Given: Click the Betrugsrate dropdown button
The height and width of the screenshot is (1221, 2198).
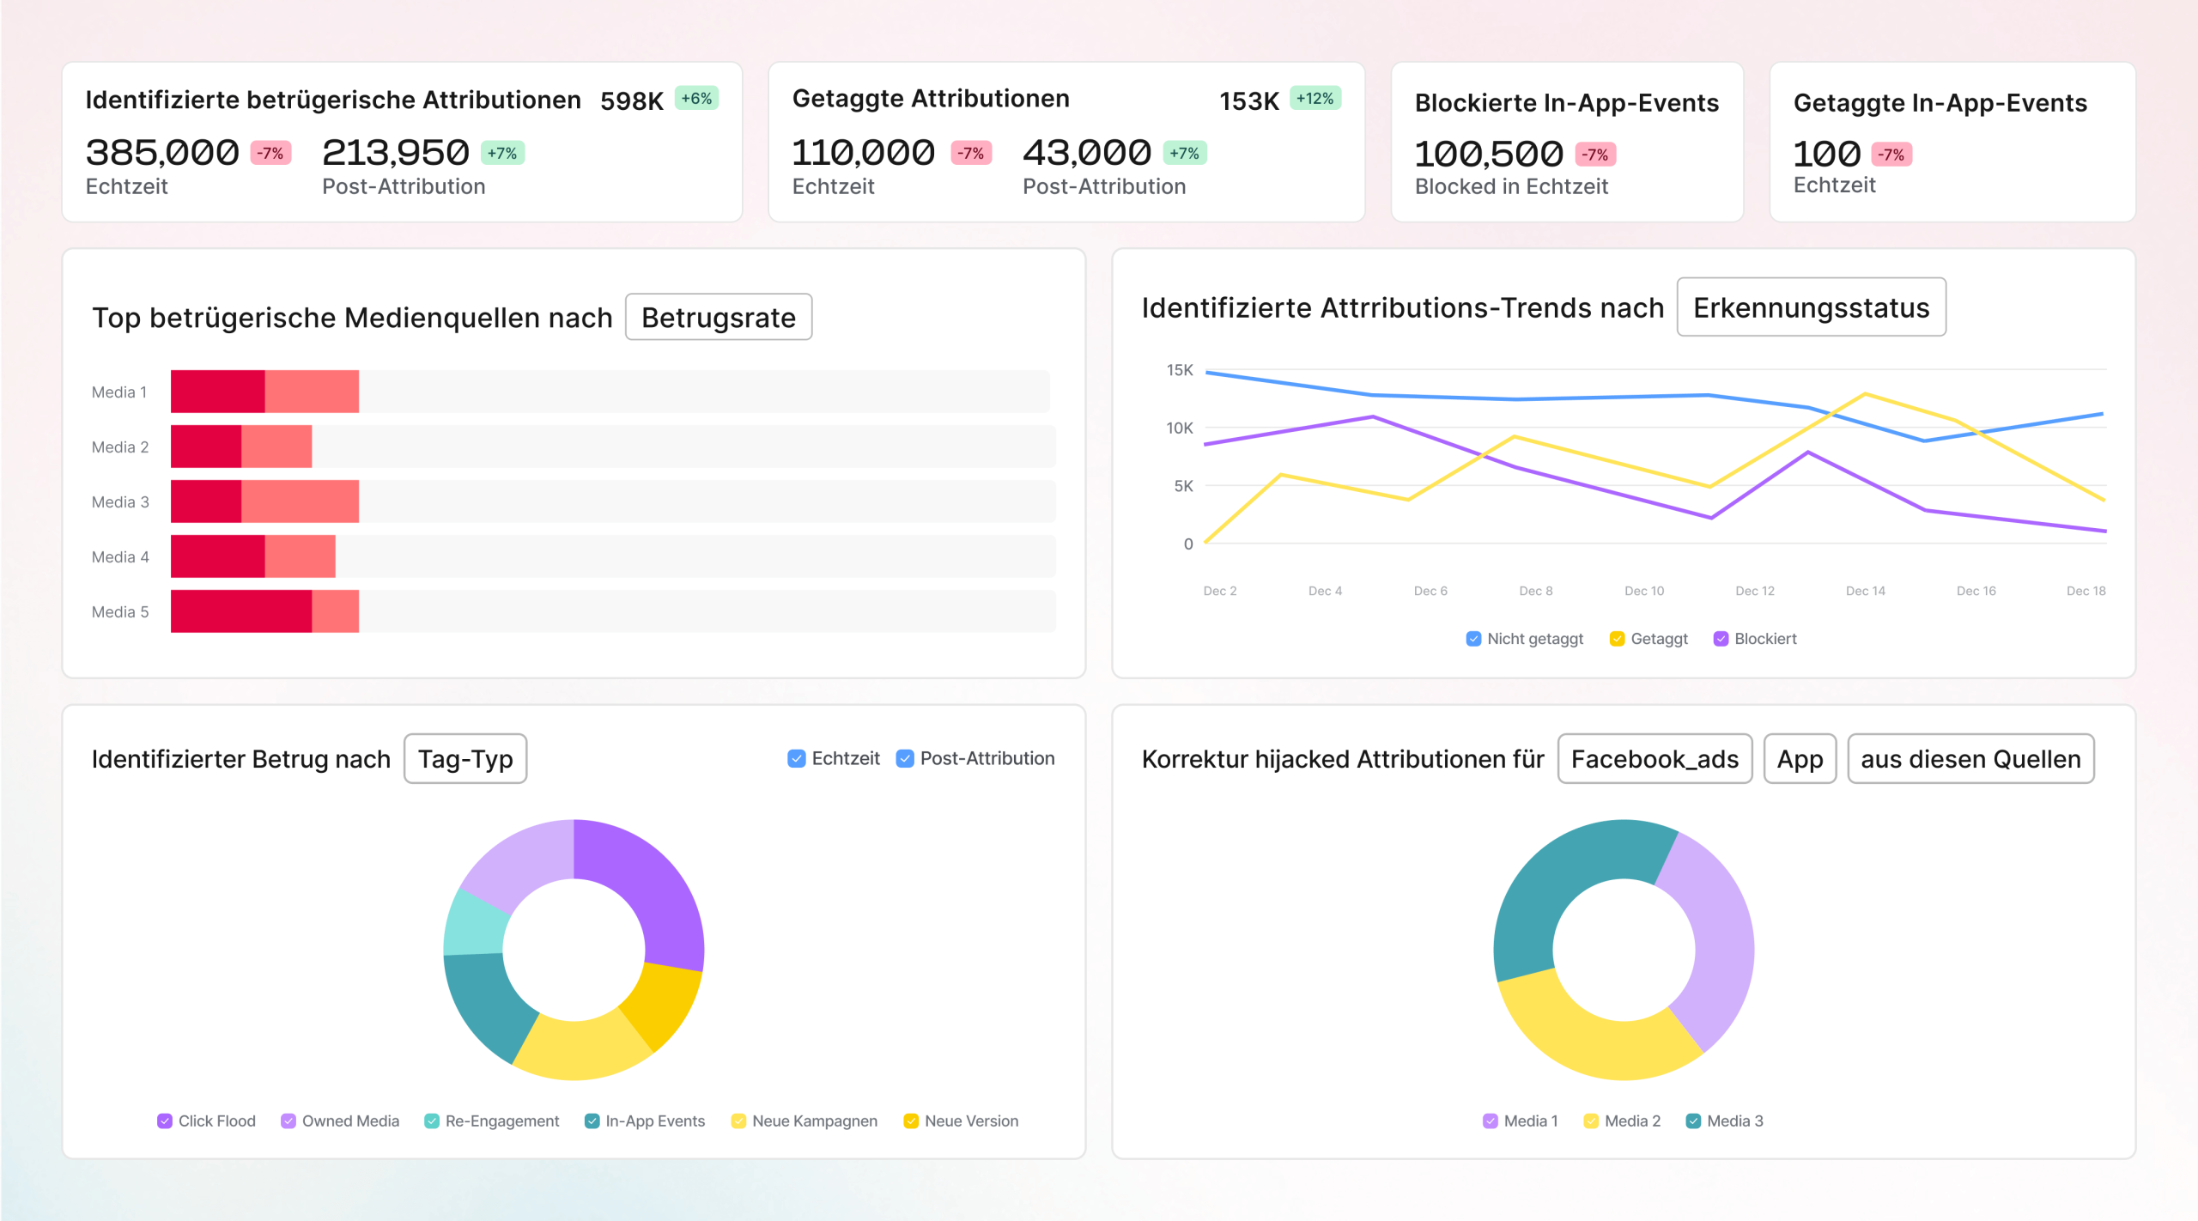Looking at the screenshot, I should point(718,318).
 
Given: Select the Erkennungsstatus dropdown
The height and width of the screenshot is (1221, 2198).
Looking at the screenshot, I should point(1810,307).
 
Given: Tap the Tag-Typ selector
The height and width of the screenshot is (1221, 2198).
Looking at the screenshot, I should point(464,759).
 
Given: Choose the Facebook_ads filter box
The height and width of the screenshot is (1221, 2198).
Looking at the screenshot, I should point(1654,759).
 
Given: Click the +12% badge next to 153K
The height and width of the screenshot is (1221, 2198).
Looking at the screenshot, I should point(1315,99).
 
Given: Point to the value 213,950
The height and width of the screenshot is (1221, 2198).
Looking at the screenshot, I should point(395,153).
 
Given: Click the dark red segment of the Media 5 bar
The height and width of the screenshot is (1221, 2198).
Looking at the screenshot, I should point(240,611).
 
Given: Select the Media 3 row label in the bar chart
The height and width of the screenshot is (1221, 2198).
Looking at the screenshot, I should point(120,502).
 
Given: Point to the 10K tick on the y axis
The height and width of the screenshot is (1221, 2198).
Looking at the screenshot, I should point(1179,428).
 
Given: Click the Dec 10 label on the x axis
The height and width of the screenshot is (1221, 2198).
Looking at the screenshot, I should point(1643,591).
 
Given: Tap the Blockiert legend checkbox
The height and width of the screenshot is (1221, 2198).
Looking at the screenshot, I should point(1721,639).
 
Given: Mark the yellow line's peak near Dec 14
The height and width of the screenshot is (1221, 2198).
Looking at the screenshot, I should point(1865,394).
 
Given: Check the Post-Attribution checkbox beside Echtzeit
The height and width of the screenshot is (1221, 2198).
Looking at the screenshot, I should point(905,759).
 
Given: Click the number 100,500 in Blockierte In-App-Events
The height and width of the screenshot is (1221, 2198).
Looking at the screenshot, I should point(1488,155).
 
